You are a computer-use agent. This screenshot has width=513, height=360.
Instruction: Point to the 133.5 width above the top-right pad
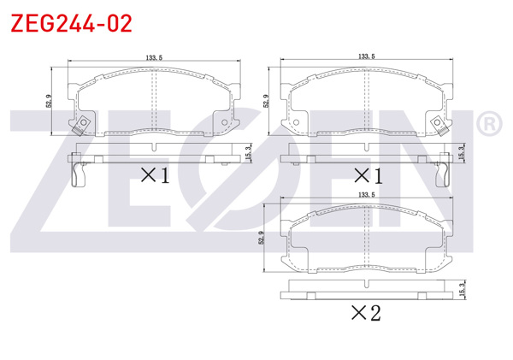[367, 56]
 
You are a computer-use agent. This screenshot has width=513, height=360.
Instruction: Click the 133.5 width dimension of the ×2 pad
[366, 196]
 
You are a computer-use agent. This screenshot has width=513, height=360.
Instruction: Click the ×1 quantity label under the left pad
[154, 175]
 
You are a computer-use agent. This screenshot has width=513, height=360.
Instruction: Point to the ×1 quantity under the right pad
[367, 175]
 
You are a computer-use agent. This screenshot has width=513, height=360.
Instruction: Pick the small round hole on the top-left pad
[227, 123]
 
